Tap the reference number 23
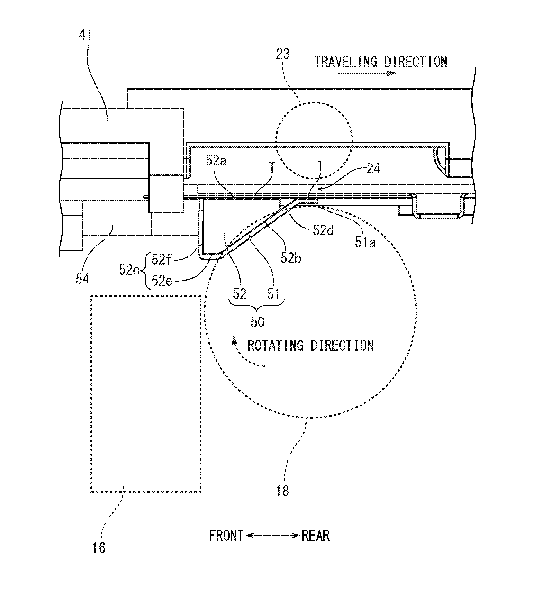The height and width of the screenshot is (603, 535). tap(283, 54)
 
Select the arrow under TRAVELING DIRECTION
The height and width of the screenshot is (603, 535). tap(366, 73)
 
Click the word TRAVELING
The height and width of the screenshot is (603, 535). tap(346, 62)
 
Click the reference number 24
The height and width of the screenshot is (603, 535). tap(374, 169)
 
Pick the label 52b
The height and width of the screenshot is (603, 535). tap(291, 258)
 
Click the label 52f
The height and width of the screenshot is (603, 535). tap(162, 260)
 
